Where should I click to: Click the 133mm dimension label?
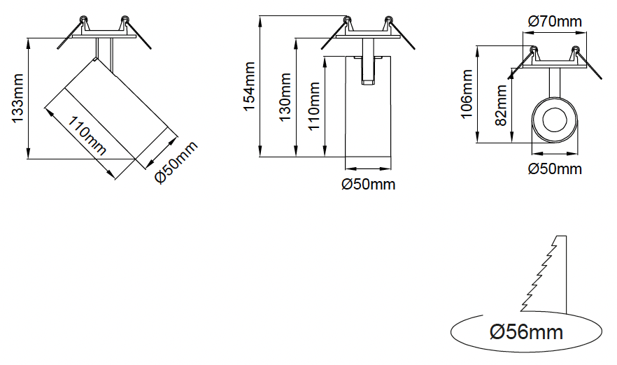pos(18,99)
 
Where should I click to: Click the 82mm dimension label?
pos(501,105)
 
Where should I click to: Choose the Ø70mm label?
pos(555,22)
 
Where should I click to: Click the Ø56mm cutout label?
pos(527,331)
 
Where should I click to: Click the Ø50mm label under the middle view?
pos(368,185)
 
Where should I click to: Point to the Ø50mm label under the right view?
pos(555,169)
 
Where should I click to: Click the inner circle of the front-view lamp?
pos(555,120)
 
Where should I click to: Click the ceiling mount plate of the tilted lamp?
pos(104,32)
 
